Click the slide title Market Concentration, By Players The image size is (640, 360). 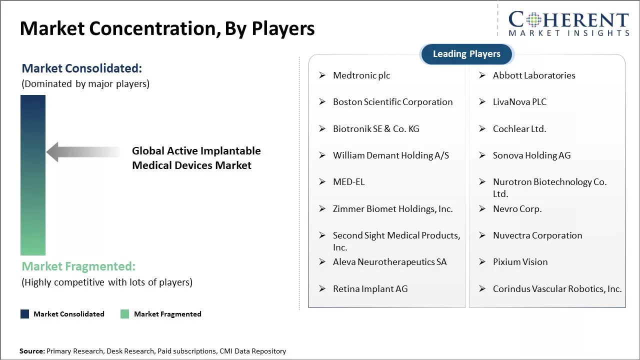[167, 29]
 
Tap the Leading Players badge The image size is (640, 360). [466, 54]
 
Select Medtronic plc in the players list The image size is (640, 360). [361, 75]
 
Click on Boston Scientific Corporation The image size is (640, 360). [392, 102]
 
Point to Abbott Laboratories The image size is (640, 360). [533, 75]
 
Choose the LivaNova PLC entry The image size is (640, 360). [519, 102]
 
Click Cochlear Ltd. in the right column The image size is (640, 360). [519, 129]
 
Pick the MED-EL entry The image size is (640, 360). [348, 182]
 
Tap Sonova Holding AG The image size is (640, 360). [531, 155]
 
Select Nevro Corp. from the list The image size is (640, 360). [517, 209]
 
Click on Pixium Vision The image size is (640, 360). [520, 262]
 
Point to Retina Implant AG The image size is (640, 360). [370, 289]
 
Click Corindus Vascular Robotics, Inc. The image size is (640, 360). [557, 289]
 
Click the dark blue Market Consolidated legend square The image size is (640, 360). [24, 314]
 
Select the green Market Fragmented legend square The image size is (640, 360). [124, 314]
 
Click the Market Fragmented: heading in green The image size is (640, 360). [78, 266]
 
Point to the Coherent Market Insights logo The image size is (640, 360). [568, 23]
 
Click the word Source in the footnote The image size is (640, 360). [32, 351]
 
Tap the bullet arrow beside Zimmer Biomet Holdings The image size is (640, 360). [322, 209]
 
